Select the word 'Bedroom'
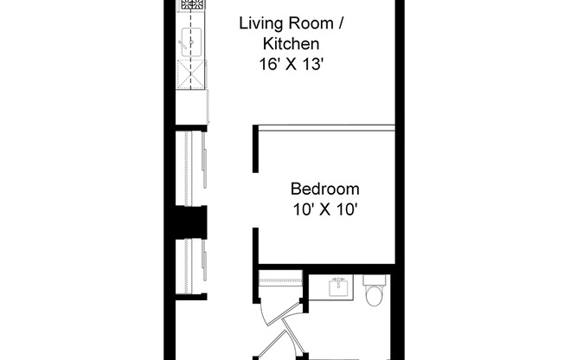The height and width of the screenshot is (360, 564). tap(324, 189)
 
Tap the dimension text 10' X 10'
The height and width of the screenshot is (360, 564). tap(324, 209)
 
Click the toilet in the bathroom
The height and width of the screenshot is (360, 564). tap(375, 295)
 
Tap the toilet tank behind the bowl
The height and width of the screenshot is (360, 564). tap(375, 280)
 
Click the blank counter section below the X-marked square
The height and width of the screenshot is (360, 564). tap(191, 106)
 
